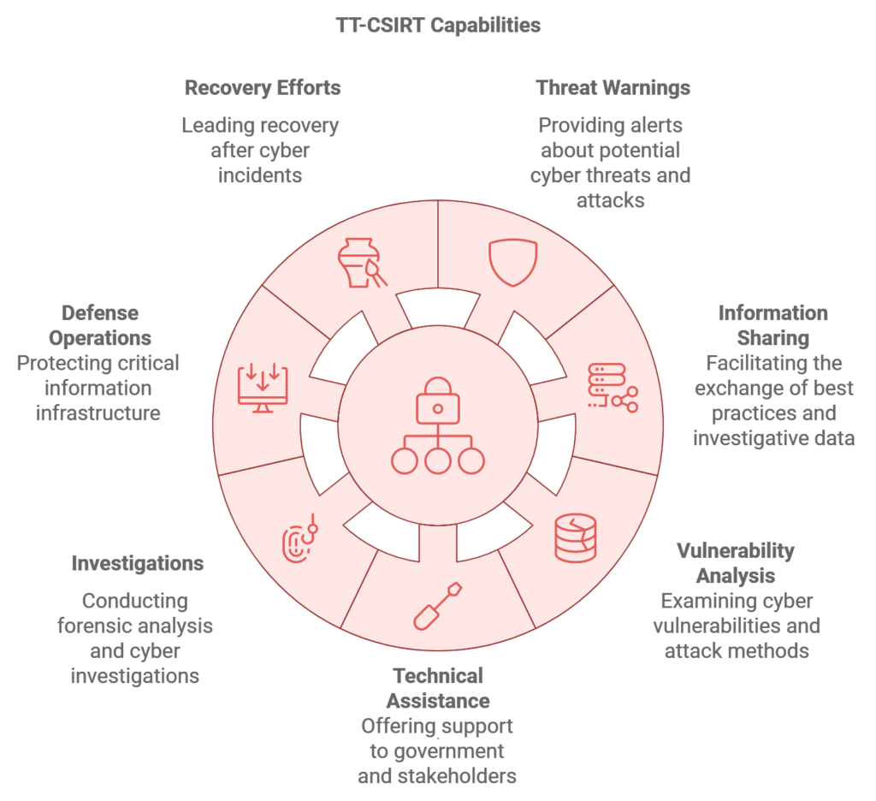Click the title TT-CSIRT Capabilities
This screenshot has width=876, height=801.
[x=438, y=25]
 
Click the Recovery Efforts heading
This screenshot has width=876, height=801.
[x=263, y=88]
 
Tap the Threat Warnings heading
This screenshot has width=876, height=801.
[x=613, y=88]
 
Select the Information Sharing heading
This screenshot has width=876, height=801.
[x=773, y=325]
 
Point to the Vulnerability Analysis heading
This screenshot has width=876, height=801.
[x=736, y=563]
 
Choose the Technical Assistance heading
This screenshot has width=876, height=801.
[x=438, y=688]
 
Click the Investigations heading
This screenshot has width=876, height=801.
[x=138, y=563]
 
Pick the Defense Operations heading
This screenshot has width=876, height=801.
[x=100, y=325]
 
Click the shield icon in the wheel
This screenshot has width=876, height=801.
[x=513, y=263]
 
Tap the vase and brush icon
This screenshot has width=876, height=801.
[x=362, y=263]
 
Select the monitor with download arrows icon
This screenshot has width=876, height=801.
[x=263, y=388]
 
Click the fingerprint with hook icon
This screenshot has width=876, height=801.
[x=300, y=537]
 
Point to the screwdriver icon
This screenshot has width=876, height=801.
[x=438, y=606]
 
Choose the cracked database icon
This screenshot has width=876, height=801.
[x=576, y=537]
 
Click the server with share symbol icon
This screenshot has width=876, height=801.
[x=613, y=388]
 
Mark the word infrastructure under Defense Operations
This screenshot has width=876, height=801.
[x=98, y=413]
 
